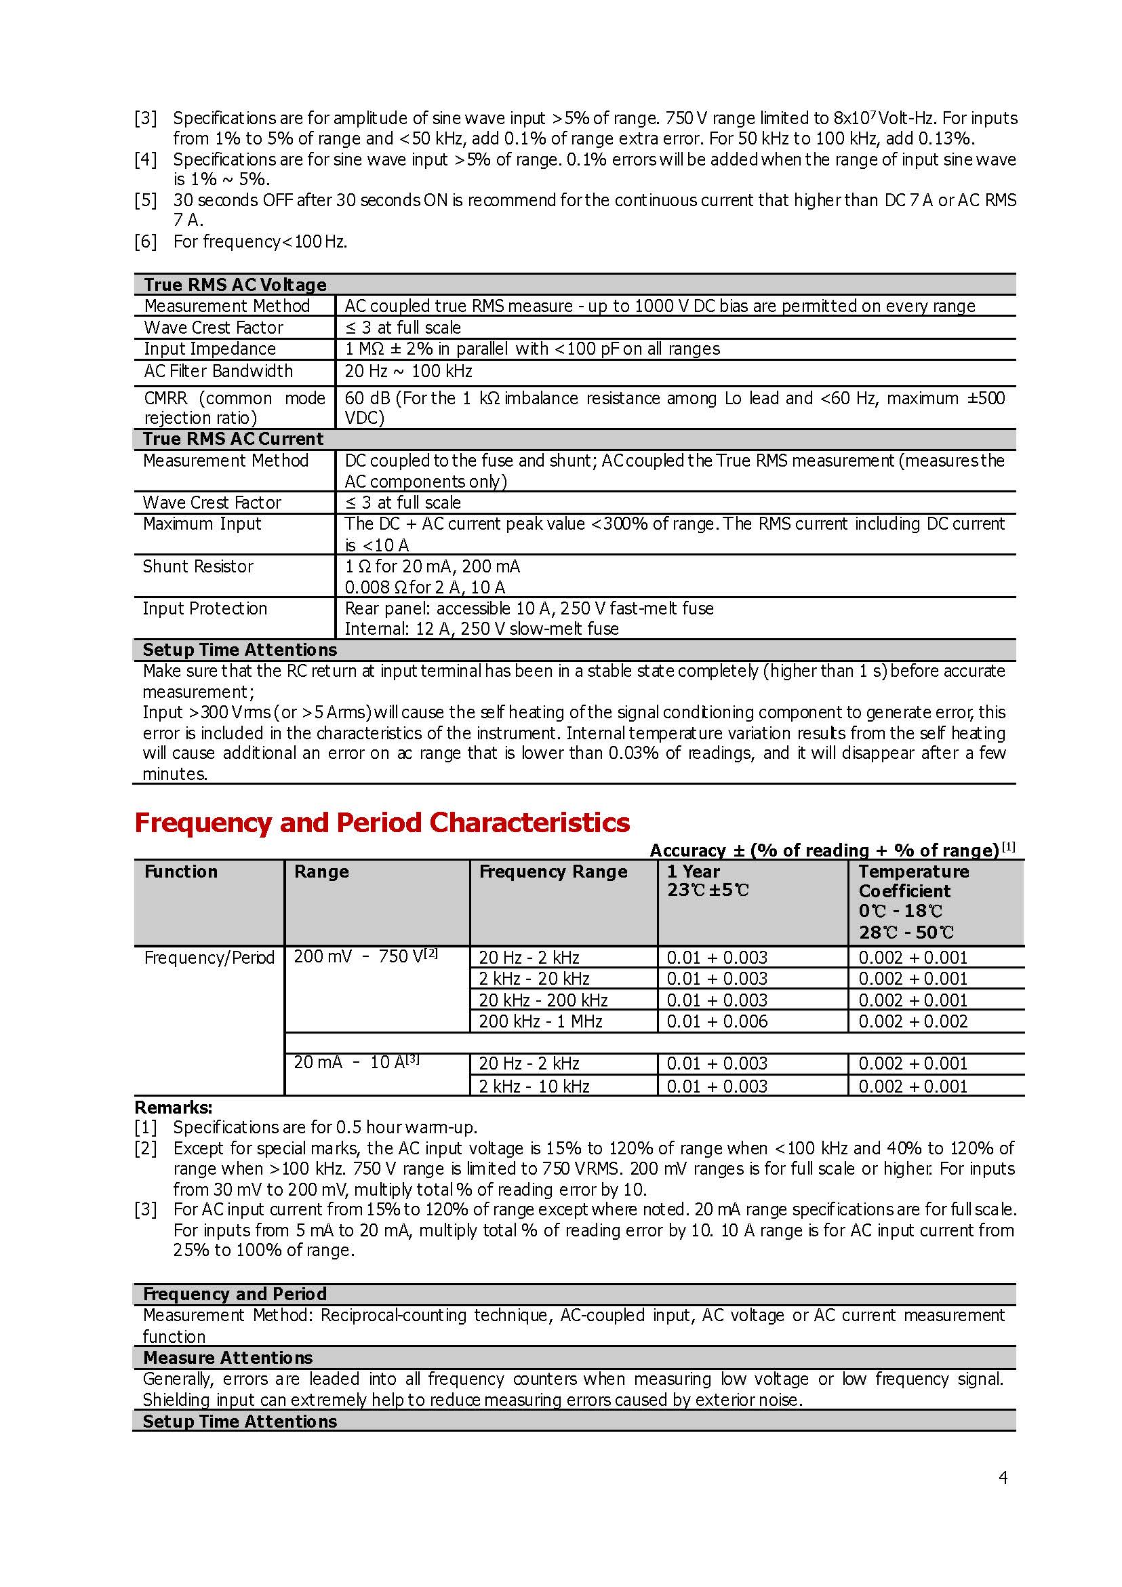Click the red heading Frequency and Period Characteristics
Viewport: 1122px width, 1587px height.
click(x=382, y=823)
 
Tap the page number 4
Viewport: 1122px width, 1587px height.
click(x=1003, y=1478)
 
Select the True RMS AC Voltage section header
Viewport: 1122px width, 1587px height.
click(x=235, y=285)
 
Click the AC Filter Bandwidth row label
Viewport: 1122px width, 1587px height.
click(x=218, y=371)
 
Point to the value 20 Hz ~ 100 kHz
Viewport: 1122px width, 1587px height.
click(x=408, y=371)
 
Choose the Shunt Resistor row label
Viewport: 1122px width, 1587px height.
click(x=198, y=566)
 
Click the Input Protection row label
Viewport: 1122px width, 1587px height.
click(x=205, y=608)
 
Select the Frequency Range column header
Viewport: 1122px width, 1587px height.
click(x=553, y=871)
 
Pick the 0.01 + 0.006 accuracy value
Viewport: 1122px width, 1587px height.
click(x=717, y=1021)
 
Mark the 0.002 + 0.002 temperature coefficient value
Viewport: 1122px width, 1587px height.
click(x=913, y=1021)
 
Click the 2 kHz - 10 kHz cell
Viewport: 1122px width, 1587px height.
click(x=534, y=1086)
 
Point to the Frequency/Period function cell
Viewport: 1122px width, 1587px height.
click(x=209, y=958)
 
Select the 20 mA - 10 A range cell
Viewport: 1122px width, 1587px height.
click(x=357, y=1062)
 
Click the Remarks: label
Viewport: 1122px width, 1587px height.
click(x=174, y=1108)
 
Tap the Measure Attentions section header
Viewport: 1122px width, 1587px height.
click(x=227, y=1358)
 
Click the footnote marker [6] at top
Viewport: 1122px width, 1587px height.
click(x=146, y=241)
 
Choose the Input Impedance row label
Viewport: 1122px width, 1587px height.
click(x=209, y=349)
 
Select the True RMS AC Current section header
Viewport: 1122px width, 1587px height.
click(x=233, y=439)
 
